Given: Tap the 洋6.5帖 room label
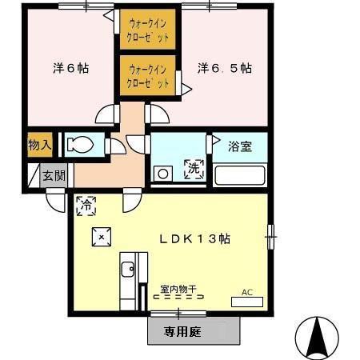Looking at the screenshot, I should click(x=225, y=69).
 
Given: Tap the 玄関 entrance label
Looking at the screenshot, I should click(x=54, y=176).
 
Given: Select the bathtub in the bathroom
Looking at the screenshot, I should click(x=240, y=175).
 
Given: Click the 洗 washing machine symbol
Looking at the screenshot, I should click(x=194, y=170).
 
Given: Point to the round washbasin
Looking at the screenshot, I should click(x=162, y=173).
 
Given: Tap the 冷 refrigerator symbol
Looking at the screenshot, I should click(x=86, y=206).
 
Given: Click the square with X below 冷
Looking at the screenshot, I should click(x=101, y=236).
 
